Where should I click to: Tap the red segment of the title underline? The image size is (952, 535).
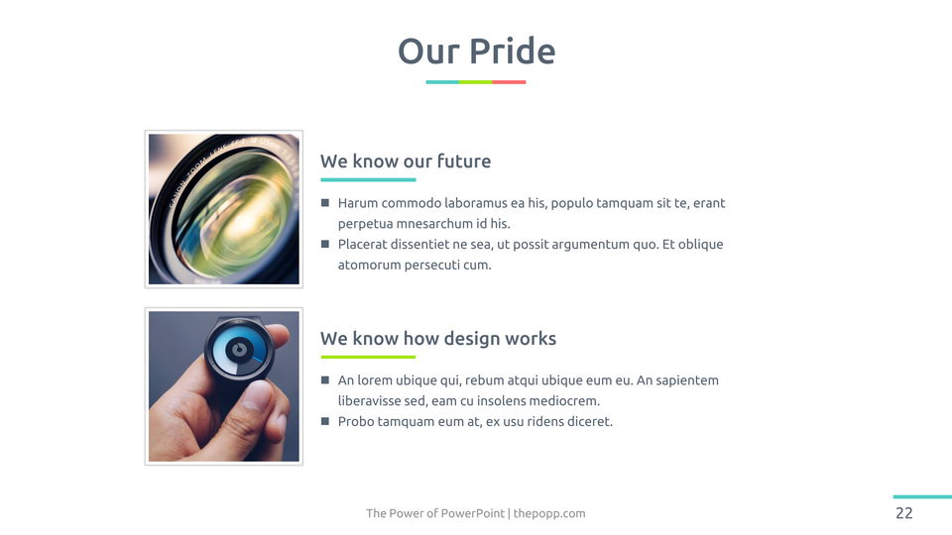509,82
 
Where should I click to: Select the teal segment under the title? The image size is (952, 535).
442,82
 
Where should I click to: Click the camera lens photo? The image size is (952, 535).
224,209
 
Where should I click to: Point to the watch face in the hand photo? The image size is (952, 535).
239,350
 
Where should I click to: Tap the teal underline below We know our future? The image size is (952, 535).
368,179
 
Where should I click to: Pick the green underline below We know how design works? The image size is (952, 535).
368,357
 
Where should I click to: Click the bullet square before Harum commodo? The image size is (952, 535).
325,202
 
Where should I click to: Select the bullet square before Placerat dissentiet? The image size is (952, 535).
325,244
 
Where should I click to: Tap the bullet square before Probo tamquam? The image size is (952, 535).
325,421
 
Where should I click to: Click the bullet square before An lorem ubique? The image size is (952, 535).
325,379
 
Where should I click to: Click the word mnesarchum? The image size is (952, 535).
434,223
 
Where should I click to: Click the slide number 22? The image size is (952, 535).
904,513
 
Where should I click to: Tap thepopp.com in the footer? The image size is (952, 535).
549,514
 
